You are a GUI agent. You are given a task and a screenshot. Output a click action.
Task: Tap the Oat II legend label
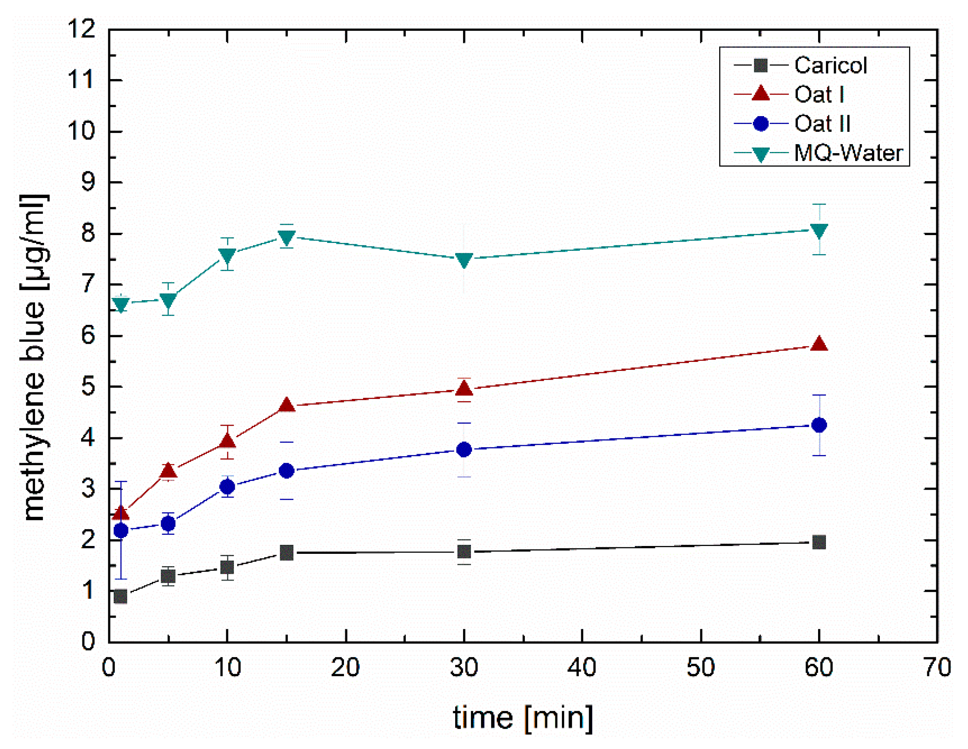pos(822,124)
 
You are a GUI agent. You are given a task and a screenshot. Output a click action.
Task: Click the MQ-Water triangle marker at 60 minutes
pos(818,231)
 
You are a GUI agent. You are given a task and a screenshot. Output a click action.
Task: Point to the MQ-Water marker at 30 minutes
pos(464,260)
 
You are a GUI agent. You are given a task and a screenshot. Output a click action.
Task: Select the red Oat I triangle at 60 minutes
pos(818,344)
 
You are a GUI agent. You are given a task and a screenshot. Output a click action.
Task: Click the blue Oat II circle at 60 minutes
pos(818,425)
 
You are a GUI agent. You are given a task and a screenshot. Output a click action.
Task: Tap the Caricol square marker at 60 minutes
pos(818,542)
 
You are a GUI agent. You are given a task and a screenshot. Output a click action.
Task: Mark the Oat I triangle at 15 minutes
pos(287,405)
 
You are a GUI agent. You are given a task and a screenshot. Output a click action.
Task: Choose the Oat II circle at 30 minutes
pos(464,449)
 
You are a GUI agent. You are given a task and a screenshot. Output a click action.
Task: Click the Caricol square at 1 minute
pos(121,597)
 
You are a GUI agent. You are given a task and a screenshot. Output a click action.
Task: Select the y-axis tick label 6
pos(88,336)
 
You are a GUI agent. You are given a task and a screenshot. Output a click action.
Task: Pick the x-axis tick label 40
pos(582,667)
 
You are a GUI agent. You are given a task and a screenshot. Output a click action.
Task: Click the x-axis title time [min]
pos(523,718)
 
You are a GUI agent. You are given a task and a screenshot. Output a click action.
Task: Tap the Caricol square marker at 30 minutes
pos(464,552)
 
